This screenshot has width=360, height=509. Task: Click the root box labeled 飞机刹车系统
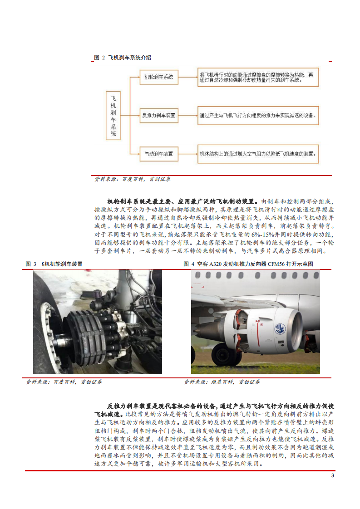(x=113, y=116)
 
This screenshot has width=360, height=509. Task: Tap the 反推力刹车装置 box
(x=158, y=116)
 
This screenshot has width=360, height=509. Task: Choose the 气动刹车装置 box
(x=158, y=154)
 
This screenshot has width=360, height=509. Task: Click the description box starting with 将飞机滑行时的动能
(x=258, y=77)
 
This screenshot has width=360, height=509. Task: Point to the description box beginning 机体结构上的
(x=258, y=154)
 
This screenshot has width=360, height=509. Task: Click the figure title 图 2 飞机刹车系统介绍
(x=123, y=58)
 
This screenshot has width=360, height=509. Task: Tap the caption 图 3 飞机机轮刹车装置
(x=54, y=264)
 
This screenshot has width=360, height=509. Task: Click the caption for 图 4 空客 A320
(x=248, y=264)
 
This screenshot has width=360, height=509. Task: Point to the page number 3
(x=332, y=475)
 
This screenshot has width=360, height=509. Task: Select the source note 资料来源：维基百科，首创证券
(x=222, y=382)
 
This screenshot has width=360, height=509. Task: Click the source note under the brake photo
(x=64, y=382)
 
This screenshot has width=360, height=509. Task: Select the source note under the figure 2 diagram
(x=132, y=179)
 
